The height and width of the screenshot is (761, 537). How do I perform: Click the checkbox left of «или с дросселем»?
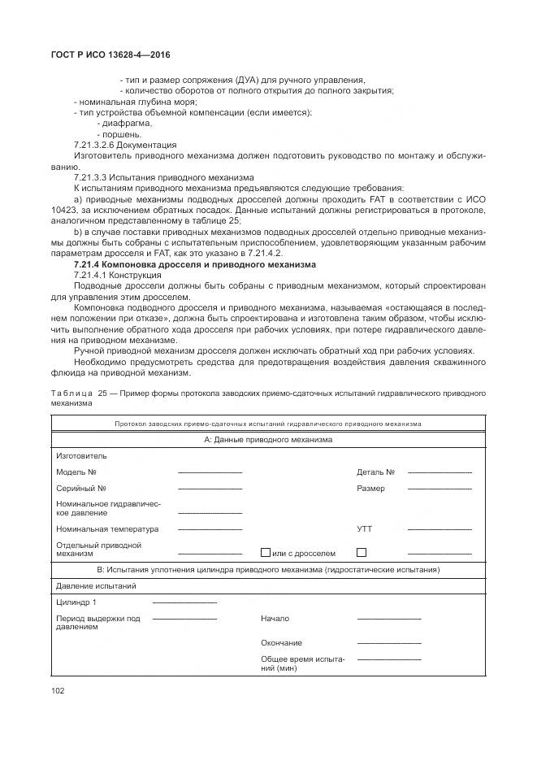[265, 553]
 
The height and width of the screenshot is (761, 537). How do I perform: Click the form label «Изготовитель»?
[81, 456]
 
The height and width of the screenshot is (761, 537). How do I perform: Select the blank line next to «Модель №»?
[210, 472]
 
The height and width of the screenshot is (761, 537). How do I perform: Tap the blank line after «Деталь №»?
[440, 472]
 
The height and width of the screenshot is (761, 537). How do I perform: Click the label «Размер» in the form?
[370, 489]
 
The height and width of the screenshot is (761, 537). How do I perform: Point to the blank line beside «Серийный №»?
[210, 489]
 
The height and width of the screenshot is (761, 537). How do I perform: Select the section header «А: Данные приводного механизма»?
[267, 440]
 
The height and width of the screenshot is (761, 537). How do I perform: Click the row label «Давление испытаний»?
[95, 585]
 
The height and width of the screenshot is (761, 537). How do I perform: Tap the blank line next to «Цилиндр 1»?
[184, 602]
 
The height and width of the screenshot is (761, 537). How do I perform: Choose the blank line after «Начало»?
[389, 619]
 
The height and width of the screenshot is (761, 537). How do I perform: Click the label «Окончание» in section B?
[281, 643]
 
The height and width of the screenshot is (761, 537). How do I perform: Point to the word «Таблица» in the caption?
[71, 393]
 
